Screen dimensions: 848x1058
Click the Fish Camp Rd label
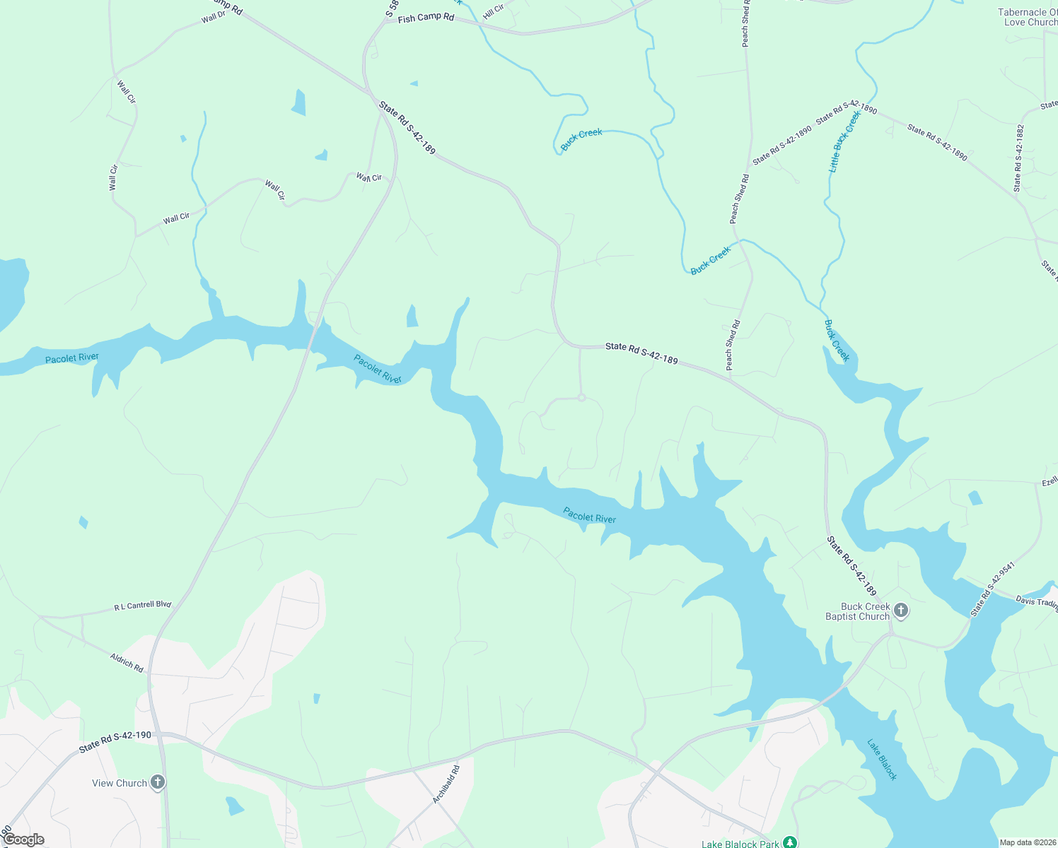pyautogui.click(x=426, y=18)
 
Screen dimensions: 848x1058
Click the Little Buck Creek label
pyautogui.click(x=844, y=142)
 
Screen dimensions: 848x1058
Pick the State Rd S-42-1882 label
pyautogui.click(x=1018, y=158)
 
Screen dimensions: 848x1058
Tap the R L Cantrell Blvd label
pyautogui.click(x=143, y=606)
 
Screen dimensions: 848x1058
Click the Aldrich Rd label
pyautogui.click(x=127, y=662)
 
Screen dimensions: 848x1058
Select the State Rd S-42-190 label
pyautogui.click(x=115, y=741)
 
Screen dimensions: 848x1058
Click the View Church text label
pyautogui.click(x=120, y=783)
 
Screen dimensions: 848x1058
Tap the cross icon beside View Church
pyautogui.click(x=158, y=782)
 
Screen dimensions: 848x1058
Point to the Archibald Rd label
pyautogui.click(x=446, y=784)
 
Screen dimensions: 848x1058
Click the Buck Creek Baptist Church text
pyautogui.click(x=857, y=611)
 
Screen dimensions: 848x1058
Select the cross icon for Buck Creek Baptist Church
pyautogui.click(x=901, y=610)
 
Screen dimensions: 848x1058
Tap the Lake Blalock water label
pyautogui.click(x=882, y=760)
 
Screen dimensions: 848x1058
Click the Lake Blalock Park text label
pyautogui.click(x=740, y=844)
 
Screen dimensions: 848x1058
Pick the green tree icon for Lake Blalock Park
pyautogui.click(x=790, y=842)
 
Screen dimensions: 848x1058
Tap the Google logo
pyautogui.click(x=23, y=840)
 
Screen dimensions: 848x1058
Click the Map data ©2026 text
pyautogui.click(x=1027, y=842)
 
